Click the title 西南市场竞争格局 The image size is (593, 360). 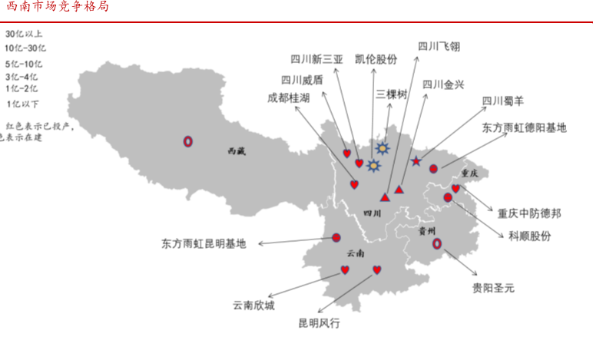coord(57,7)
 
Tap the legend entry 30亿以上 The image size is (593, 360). coord(25,33)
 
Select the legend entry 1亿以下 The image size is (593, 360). coord(23,104)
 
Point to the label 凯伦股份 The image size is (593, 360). coord(376,59)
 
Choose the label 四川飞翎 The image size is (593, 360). coord(439,45)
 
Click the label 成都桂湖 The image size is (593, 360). coord(289,97)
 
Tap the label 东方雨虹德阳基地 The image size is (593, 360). coord(525,127)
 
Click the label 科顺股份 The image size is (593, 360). coord(530,236)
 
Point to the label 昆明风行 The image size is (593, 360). coord(319,323)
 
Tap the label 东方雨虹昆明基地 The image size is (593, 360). coord(204,243)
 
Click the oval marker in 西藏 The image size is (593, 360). coord(187,141)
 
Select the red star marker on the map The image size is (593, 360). coord(416,161)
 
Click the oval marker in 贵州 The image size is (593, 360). coord(437,243)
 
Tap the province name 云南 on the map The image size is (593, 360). coord(356,253)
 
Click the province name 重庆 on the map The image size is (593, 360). coord(469,173)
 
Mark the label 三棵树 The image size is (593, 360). coord(391,94)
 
